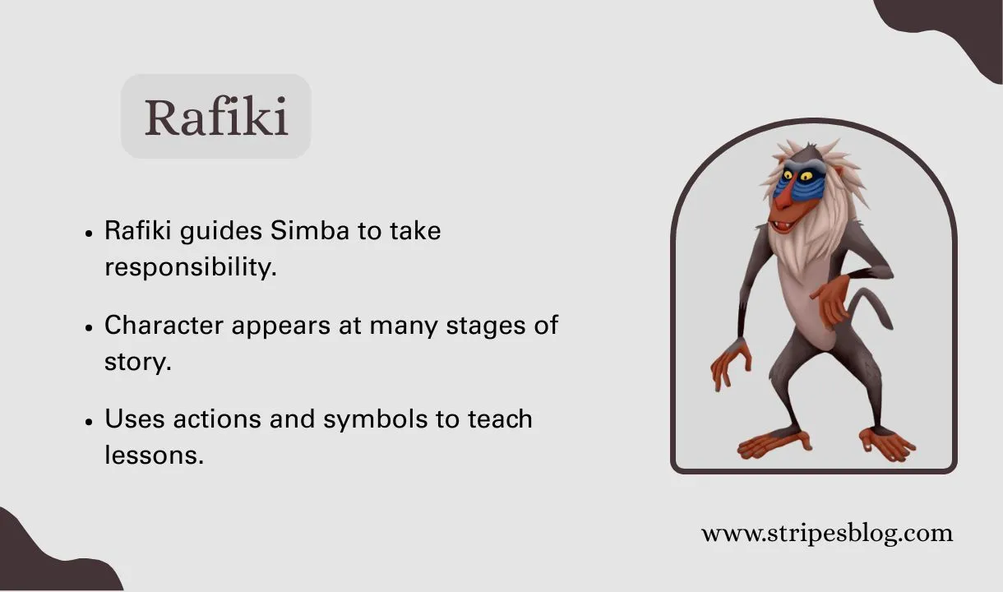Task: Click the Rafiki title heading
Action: click(216, 118)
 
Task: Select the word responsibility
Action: click(190, 267)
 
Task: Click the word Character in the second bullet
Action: click(164, 325)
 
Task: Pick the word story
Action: click(137, 361)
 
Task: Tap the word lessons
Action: click(153, 454)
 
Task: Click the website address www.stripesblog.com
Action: click(826, 533)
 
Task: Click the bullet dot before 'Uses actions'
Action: click(89, 421)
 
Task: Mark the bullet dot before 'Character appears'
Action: click(89, 326)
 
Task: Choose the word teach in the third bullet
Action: click(500, 419)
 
